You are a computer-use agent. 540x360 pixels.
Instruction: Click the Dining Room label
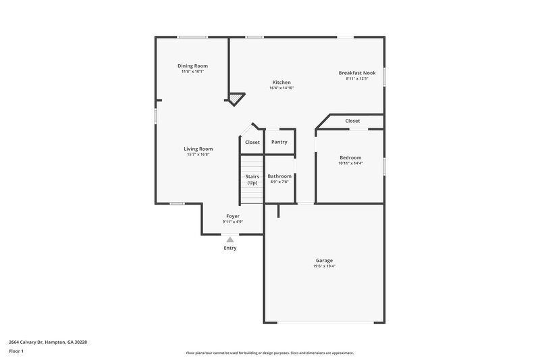(x=192, y=66)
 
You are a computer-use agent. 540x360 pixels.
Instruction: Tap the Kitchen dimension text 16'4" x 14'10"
(x=281, y=88)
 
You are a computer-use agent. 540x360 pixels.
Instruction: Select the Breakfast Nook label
(x=357, y=72)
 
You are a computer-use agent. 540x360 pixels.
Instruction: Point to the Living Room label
(x=198, y=149)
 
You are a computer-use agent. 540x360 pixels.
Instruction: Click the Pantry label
(x=279, y=142)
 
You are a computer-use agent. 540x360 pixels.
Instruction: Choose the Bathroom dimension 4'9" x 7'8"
(x=279, y=182)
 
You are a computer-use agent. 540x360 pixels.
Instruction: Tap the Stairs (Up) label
(x=252, y=179)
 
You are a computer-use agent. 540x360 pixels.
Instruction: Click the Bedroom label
(x=350, y=157)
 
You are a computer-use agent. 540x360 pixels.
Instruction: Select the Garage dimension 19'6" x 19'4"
(x=324, y=266)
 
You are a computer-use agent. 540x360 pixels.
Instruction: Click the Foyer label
(x=232, y=216)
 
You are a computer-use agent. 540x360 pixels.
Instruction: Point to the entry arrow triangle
(x=230, y=239)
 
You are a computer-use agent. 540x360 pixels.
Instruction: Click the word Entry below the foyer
(x=230, y=248)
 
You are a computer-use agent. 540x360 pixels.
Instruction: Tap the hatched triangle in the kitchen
(x=234, y=99)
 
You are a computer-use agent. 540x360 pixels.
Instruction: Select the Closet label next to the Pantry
(x=252, y=143)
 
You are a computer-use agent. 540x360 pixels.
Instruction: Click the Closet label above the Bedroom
(x=352, y=121)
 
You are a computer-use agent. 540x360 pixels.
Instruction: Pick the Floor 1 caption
(x=17, y=352)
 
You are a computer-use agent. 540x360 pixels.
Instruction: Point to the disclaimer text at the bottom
(x=269, y=353)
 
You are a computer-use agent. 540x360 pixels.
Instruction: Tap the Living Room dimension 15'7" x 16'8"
(x=198, y=155)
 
